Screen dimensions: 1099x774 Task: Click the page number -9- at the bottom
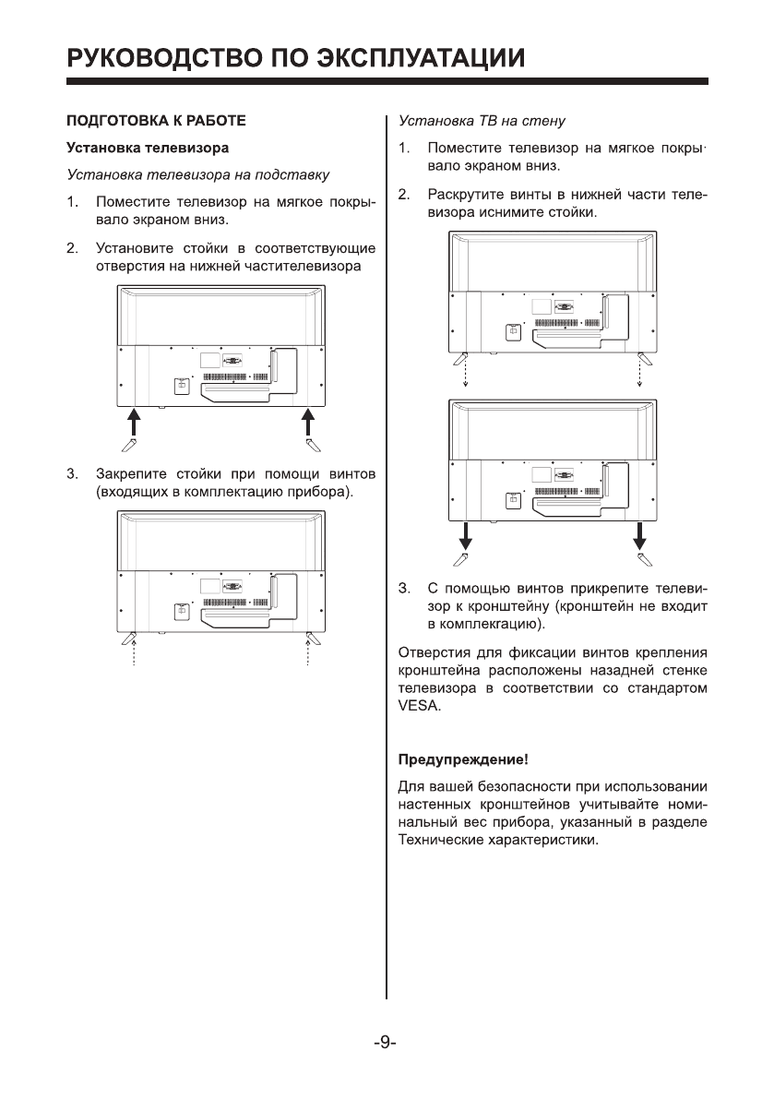(x=386, y=1045)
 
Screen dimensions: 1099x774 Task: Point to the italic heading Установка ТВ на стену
(x=481, y=121)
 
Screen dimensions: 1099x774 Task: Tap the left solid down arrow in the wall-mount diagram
(x=466, y=534)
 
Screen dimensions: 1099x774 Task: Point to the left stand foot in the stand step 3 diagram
(x=130, y=639)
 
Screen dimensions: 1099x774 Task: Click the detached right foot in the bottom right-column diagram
(x=645, y=559)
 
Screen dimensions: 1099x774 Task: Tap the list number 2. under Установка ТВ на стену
(x=404, y=195)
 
